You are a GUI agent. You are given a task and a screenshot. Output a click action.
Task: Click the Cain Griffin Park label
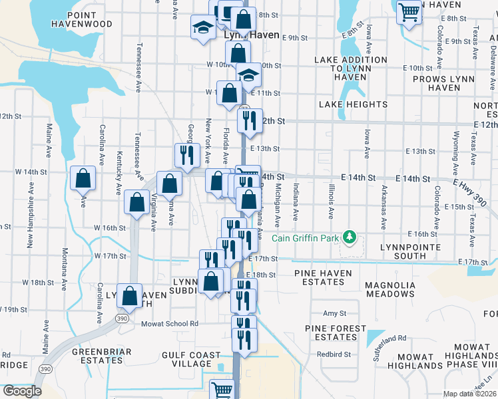pos(305,237)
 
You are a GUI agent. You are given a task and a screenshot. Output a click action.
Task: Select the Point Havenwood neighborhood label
pos(90,19)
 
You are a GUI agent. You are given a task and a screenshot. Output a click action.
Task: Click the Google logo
pos(21,391)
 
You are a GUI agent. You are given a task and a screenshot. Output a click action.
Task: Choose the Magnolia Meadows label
pos(390,289)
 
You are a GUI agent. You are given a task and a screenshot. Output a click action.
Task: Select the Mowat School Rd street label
pos(170,324)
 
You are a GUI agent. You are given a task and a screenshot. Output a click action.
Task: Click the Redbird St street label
pos(334,354)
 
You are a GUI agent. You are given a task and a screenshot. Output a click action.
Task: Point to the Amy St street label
pos(335,313)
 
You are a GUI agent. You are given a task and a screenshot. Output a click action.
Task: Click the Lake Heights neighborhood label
pos(353,104)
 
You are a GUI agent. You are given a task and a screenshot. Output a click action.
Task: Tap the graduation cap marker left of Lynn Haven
pos(203,28)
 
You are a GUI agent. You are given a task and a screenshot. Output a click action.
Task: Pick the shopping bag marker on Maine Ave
pos(83,178)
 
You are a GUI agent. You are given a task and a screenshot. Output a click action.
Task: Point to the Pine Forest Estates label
pos(336,332)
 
